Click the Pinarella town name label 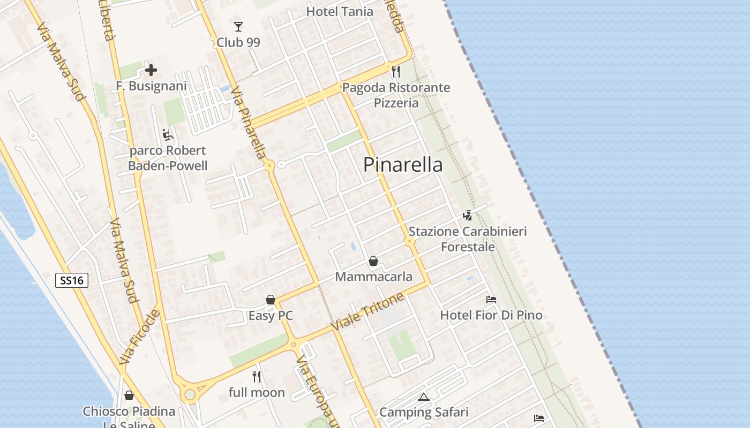[x=403, y=164]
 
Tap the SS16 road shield [x=72, y=280]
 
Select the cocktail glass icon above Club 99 [x=238, y=26]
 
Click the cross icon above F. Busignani [x=151, y=70]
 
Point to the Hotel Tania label [x=340, y=11]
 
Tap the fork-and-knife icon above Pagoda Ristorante [x=396, y=72]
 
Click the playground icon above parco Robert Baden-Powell [x=168, y=134]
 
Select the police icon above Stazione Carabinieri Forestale [x=468, y=215]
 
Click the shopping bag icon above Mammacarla [x=373, y=261]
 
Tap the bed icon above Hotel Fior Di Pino [x=491, y=300]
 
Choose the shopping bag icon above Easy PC [x=271, y=300]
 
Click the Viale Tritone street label [x=367, y=312]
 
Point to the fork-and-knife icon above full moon [x=257, y=377]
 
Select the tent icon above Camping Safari [x=424, y=397]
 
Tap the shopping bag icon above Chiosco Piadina [x=129, y=395]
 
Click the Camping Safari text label [x=424, y=412]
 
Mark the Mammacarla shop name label [x=374, y=277]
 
